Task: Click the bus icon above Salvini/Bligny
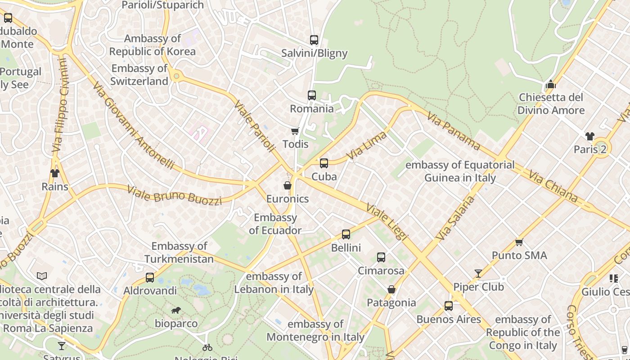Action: click(x=314, y=40)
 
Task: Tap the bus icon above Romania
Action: click(x=312, y=95)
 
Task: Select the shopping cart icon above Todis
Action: click(x=295, y=131)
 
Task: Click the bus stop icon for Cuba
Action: click(x=324, y=163)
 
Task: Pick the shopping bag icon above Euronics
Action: click(x=287, y=185)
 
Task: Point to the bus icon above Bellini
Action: click(x=346, y=234)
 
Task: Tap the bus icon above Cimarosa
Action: click(x=381, y=257)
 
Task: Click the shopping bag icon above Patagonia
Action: click(x=391, y=289)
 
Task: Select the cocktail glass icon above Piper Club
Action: click(x=478, y=274)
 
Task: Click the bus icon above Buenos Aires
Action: click(x=449, y=306)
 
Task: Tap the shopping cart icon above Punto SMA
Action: click(x=519, y=242)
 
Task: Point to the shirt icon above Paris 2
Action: click(x=590, y=136)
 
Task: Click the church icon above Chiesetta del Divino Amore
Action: click(x=551, y=84)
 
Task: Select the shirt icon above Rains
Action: click(x=55, y=173)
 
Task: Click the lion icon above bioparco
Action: click(x=176, y=310)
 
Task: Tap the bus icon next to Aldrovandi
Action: click(x=150, y=278)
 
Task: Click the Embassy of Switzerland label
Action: click(x=139, y=75)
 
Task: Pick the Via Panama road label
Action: click(x=454, y=130)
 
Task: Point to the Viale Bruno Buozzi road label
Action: click(x=175, y=195)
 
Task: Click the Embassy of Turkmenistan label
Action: click(x=179, y=252)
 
